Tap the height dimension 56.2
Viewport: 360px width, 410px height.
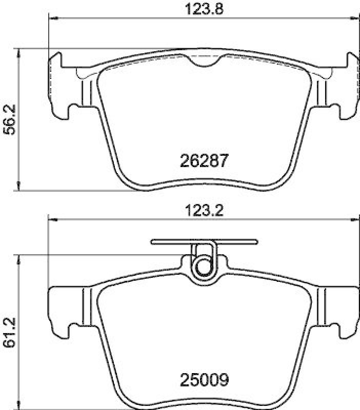(9, 120)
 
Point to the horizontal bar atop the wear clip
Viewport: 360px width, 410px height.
(204, 241)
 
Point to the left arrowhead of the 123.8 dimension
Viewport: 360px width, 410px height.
(52, 18)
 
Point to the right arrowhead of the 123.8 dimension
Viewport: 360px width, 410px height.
(355, 18)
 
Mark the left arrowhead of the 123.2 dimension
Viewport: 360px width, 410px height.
(52, 220)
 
